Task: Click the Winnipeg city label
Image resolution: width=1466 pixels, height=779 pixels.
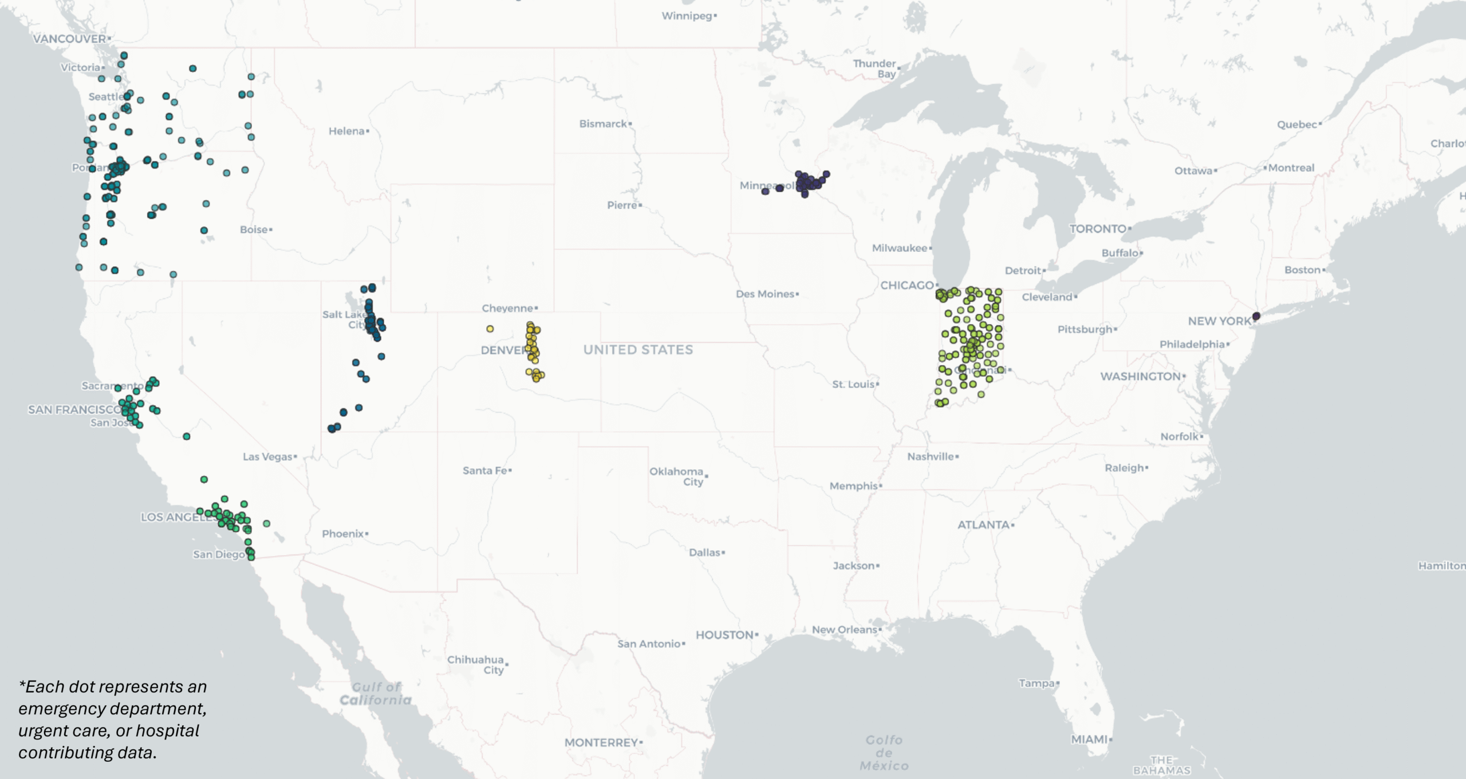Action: click(x=687, y=16)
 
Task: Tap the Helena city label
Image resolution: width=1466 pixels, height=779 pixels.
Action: click(x=347, y=131)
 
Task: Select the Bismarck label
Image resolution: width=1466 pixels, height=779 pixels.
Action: click(x=604, y=124)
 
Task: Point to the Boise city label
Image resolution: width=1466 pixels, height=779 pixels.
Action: click(x=254, y=230)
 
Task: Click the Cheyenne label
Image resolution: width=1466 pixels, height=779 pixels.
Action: click(x=508, y=308)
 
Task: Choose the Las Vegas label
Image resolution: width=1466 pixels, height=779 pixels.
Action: click(x=268, y=457)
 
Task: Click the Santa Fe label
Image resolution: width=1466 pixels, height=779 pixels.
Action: click(x=486, y=470)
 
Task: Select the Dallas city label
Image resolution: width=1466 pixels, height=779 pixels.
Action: click(x=705, y=552)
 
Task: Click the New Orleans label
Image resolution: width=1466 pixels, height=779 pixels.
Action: click(x=845, y=630)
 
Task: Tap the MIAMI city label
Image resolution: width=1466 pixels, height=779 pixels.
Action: click(x=1090, y=740)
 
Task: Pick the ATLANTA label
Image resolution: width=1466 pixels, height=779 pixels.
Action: click(x=984, y=525)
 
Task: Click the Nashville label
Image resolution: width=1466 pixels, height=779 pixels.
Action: click(x=931, y=457)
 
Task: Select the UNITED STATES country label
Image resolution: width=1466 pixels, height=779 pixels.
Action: click(x=638, y=350)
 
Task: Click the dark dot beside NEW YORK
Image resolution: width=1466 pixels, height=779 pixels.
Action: click(x=1256, y=316)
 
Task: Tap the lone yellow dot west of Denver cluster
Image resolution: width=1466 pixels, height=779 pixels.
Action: click(x=490, y=329)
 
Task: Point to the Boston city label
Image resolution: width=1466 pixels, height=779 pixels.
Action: click(x=1303, y=270)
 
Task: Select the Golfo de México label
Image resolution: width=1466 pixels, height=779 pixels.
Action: click(x=884, y=753)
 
